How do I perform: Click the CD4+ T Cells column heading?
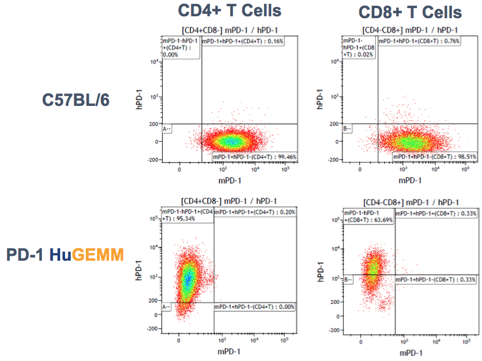click(229, 11)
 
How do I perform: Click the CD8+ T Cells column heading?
click(410, 12)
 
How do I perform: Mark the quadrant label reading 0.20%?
click(254, 212)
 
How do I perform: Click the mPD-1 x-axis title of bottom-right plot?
click(410, 352)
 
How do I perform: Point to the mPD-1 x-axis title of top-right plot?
click(410, 180)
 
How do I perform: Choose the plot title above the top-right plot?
click(410, 30)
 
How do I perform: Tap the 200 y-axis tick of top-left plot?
click(154, 124)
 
